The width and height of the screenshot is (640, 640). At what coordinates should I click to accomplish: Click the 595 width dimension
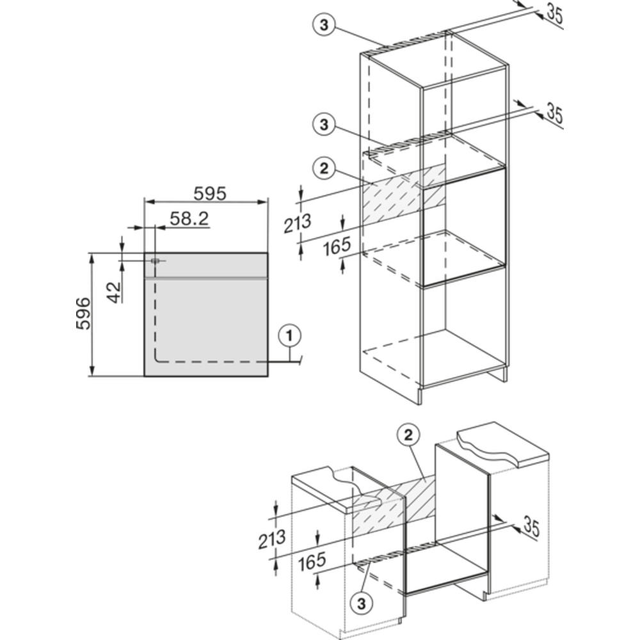point(210,193)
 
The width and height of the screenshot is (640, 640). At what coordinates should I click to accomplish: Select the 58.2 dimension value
point(189,219)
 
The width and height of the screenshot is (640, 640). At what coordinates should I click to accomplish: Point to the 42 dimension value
point(115,292)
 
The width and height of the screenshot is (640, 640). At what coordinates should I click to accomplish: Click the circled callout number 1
point(289,337)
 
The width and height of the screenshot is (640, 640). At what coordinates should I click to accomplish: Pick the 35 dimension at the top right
point(554,14)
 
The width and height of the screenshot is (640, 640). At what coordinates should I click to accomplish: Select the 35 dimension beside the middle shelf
point(554,114)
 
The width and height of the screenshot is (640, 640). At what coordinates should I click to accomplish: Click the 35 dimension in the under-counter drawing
point(531,528)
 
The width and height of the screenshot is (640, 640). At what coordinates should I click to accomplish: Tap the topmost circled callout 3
point(324,26)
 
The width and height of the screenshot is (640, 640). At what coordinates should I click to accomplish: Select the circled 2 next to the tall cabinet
point(324,168)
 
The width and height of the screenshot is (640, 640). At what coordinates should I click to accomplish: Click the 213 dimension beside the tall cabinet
point(298,223)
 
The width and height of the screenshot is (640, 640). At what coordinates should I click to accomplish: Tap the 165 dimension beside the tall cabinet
point(337,246)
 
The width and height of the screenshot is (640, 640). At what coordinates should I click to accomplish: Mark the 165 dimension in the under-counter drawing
point(312,562)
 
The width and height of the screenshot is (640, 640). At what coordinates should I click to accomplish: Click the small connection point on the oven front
point(155,261)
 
